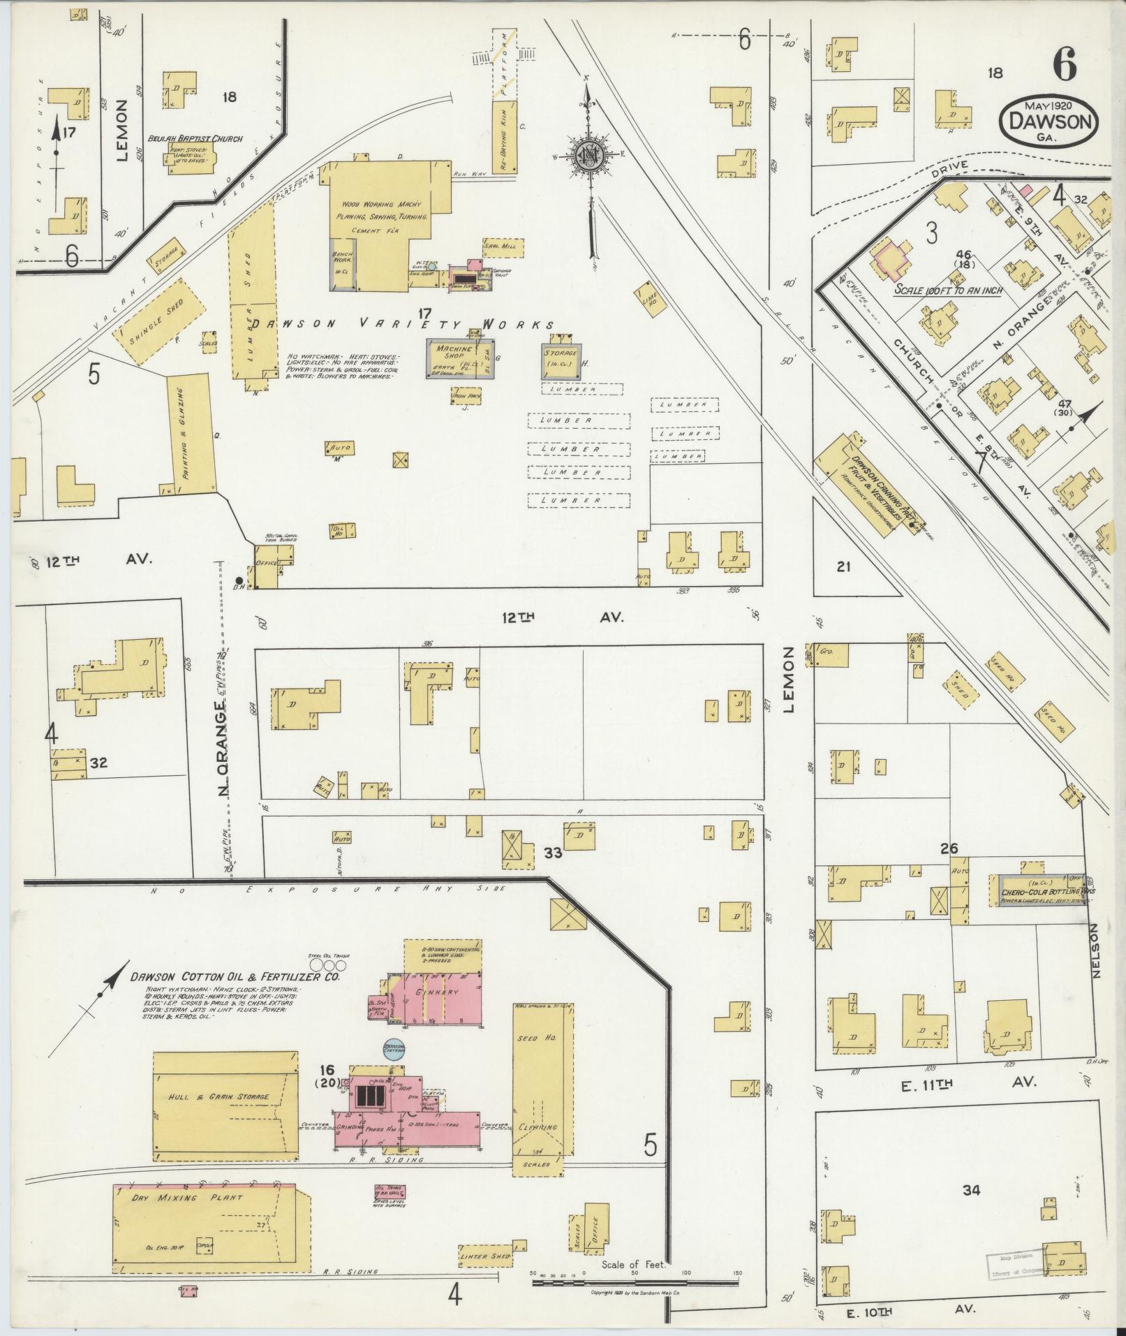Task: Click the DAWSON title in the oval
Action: click(1049, 121)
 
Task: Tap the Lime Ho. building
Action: click(648, 300)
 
